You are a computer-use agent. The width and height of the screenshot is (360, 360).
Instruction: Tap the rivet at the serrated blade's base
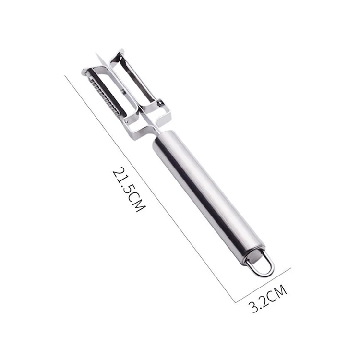pyautogui.click(x=159, y=102)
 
